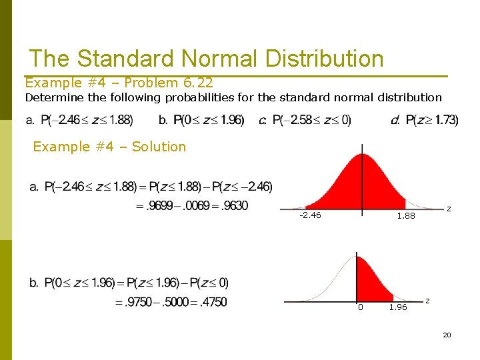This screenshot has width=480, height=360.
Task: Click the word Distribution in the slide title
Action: pyautogui.click(x=325, y=59)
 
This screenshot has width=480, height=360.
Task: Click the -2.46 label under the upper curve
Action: pyautogui.click(x=310, y=215)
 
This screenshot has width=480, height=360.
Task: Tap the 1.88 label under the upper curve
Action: pyautogui.click(x=405, y=216)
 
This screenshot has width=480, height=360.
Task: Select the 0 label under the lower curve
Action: pyautogui.click(x=360, y=307)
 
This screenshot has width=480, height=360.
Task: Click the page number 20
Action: pyautogui.click(x=447, y=335)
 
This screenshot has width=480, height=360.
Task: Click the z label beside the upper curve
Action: pyautogui.click(x=449, y=209)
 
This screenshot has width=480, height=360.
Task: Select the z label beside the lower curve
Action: pyautogui.click(x=427, y=301)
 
